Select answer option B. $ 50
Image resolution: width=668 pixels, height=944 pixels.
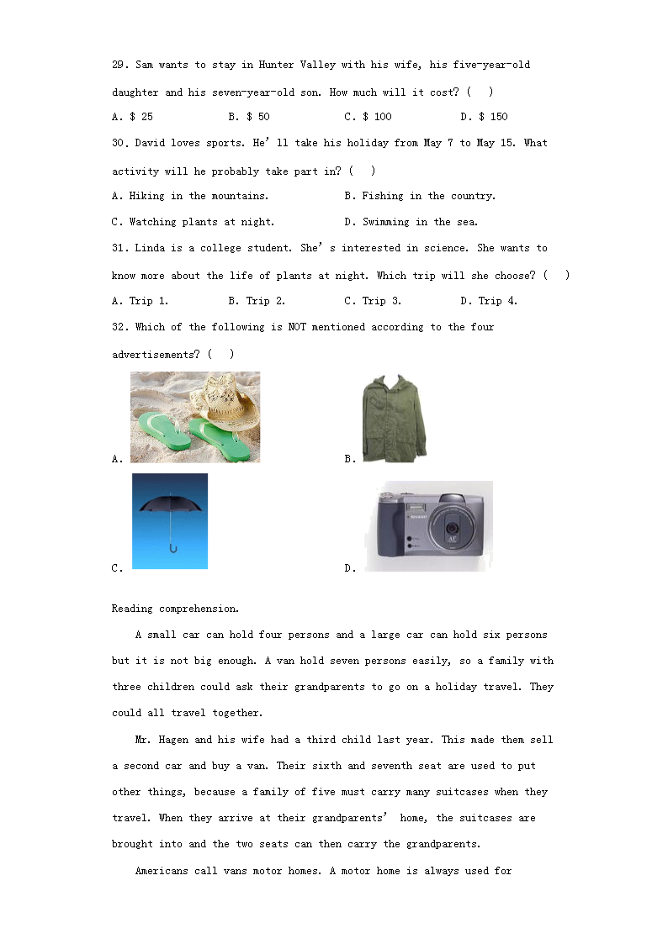(249, 117)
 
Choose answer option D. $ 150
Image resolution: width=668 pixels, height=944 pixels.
(485, 117)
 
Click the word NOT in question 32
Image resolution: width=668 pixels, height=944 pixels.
(297, 327)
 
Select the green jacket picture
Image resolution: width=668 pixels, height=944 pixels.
(394, 417)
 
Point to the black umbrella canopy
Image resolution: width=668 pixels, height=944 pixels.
(171, 504)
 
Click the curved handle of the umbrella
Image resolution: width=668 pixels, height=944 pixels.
(172, 549)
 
